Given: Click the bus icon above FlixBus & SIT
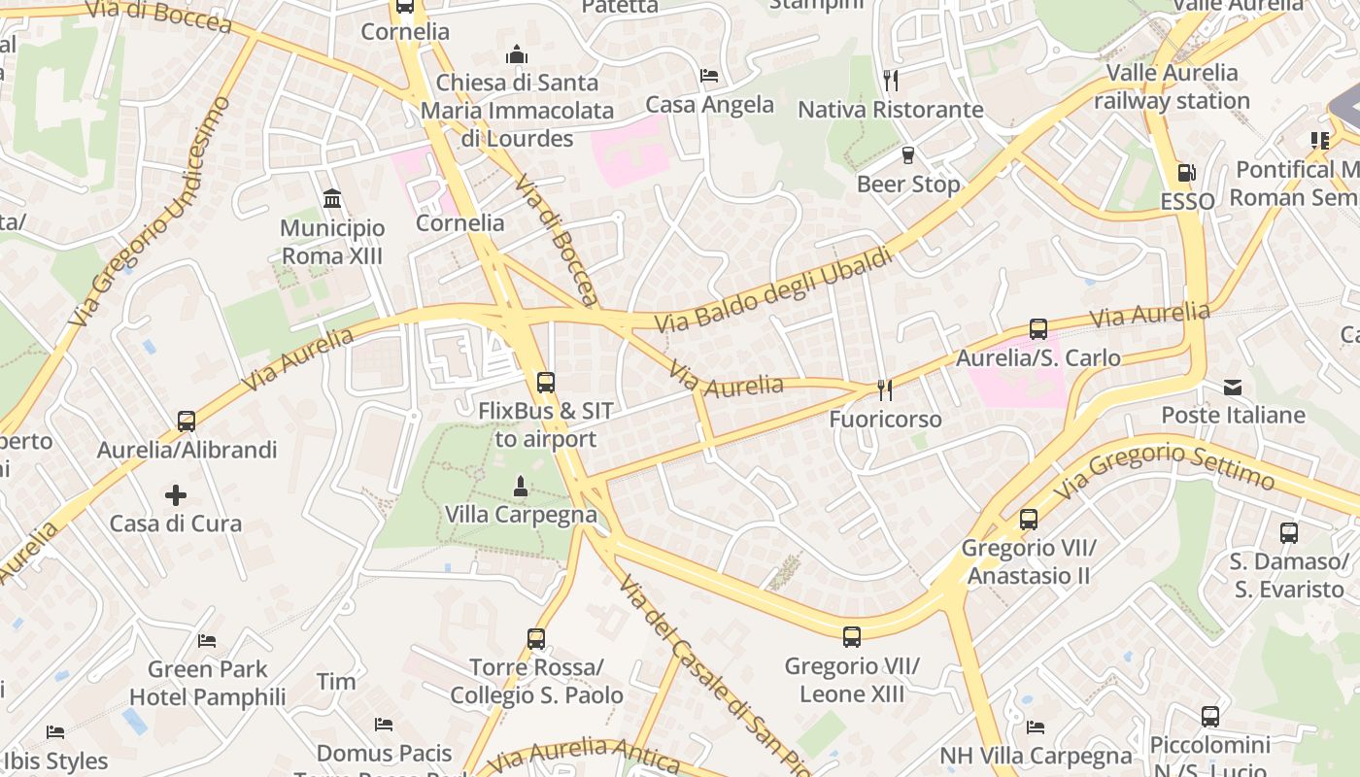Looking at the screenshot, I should pyautogui.click(x=546, y=382).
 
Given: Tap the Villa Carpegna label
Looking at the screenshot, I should pyautogui.click(x=521, y=514).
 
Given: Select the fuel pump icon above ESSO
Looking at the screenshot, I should pyautogui.click(x=1186, y=173).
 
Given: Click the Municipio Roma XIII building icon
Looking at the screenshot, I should pyautogui.click(x=332, y=199).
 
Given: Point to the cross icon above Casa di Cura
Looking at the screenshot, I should pyautogui.click(x=176, y=495).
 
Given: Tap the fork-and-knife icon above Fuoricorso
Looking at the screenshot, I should pyautogui.click(x=885, y=389).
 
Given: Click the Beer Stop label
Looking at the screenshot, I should pyautogui.click(x=908, y=184).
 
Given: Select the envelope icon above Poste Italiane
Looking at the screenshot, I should pyautogui.click(x=1233, y=387).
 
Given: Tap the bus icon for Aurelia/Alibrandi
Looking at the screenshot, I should pyautogui.click(x=187, y=422).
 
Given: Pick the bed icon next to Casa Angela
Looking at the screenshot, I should pyautogui.click(x=709, y=76).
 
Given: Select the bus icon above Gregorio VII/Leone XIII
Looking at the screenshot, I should pyautogui.click(x=852, y=637).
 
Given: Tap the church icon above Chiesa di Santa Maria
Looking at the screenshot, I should pyautogui.click(x=517, y=54).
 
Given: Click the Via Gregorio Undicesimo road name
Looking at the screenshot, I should pyautogui.click(x=150, y=212).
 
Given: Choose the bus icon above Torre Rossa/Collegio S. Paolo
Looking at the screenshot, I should pyautogui.click(x=536, y=638).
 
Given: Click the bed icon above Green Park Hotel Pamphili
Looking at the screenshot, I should pyautogui.click(x=207, y=640).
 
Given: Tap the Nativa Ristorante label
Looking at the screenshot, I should pyautogui.click(x=891, y=110).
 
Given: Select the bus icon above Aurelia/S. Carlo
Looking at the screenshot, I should pyautogui.click(x=1038, y=329).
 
